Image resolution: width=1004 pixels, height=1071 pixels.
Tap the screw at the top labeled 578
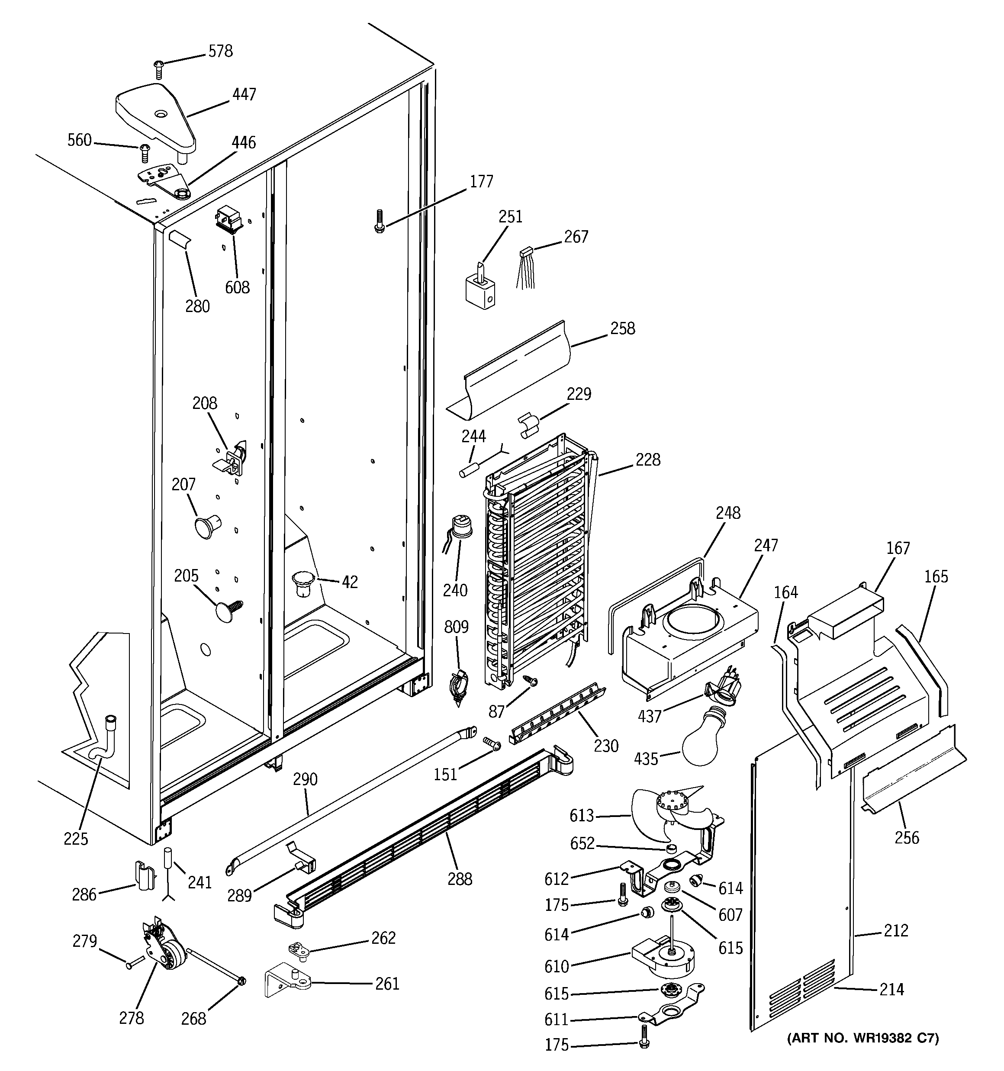click(158, 69)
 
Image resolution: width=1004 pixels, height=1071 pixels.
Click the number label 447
click(244, 94)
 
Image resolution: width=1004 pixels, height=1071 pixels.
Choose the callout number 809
click(456, 627)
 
